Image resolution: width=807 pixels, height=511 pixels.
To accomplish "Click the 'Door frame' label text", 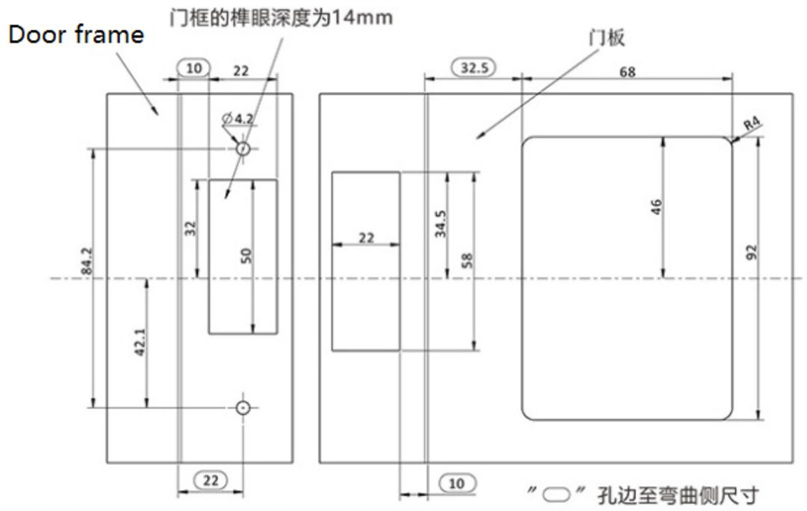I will (x=76, y=35).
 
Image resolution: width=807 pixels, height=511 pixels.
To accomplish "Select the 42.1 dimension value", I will (x=140, y=343).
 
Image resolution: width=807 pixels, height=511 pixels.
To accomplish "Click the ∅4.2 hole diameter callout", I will (x=237, y=119).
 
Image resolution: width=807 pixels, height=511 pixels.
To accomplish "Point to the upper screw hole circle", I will (x=244, y=148).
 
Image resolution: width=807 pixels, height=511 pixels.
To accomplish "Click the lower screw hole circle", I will (x=244, y=407).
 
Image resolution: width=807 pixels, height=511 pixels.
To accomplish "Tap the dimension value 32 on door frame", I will (x=190, y=229).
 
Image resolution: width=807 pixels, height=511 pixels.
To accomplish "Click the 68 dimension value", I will (x=627, y=72).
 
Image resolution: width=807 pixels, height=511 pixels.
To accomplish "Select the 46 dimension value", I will (x=656, y=206).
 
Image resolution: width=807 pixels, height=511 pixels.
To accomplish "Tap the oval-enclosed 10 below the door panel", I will (x=456, y=483).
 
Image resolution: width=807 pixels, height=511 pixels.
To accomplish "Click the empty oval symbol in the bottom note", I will (x=558, y=494).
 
